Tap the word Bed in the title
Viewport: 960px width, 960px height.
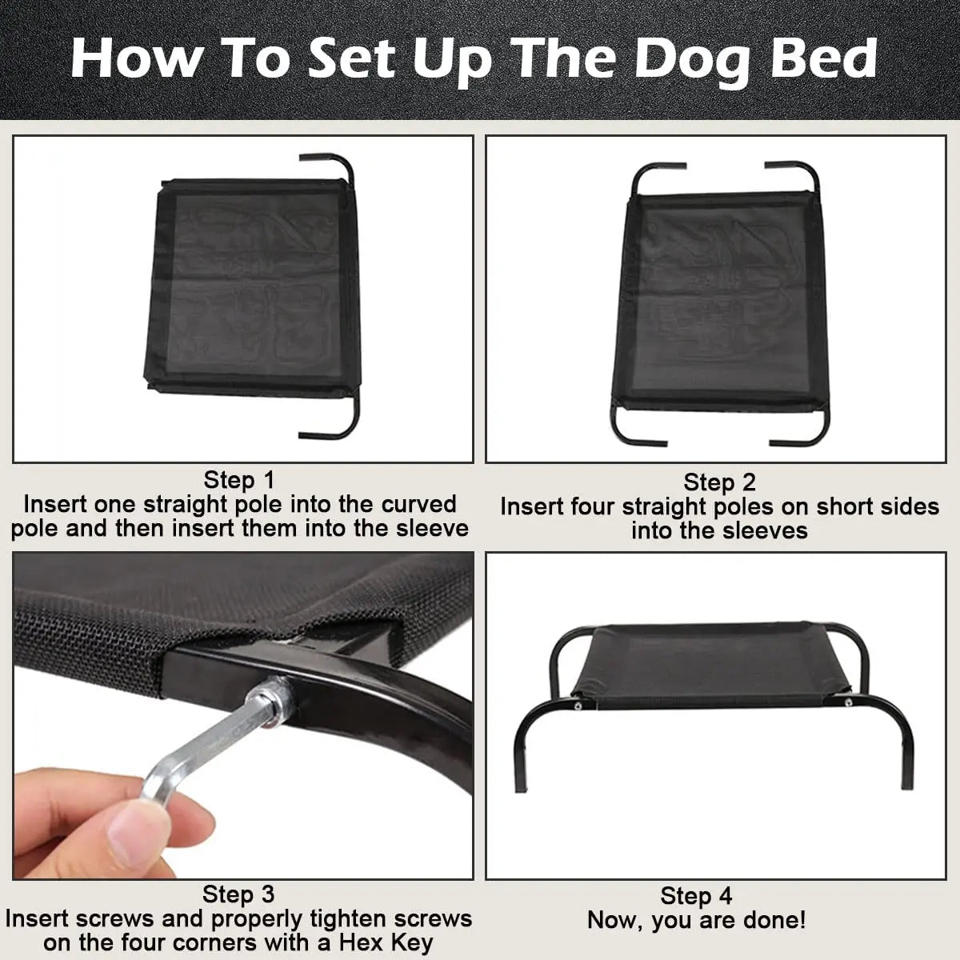tap(824, 58)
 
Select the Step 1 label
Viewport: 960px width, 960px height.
tap(239, 480)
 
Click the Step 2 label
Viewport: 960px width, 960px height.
tap(719, 482)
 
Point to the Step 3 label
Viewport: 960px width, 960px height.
tap(238, 894)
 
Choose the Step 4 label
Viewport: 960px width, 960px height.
tap(696, 896)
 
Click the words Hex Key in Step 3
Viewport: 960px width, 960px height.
tap(386, 943)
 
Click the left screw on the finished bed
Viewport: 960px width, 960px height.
tap(578, 706)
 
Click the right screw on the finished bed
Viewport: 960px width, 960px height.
tap(848, 702)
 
